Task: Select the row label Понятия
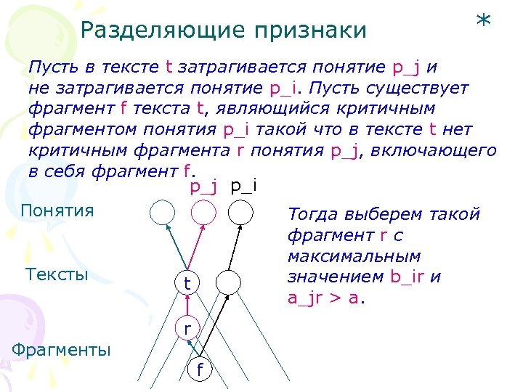pos(58,211)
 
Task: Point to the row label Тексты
pos(57,274)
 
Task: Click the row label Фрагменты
pos(62,351)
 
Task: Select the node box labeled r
pos(187,328)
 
